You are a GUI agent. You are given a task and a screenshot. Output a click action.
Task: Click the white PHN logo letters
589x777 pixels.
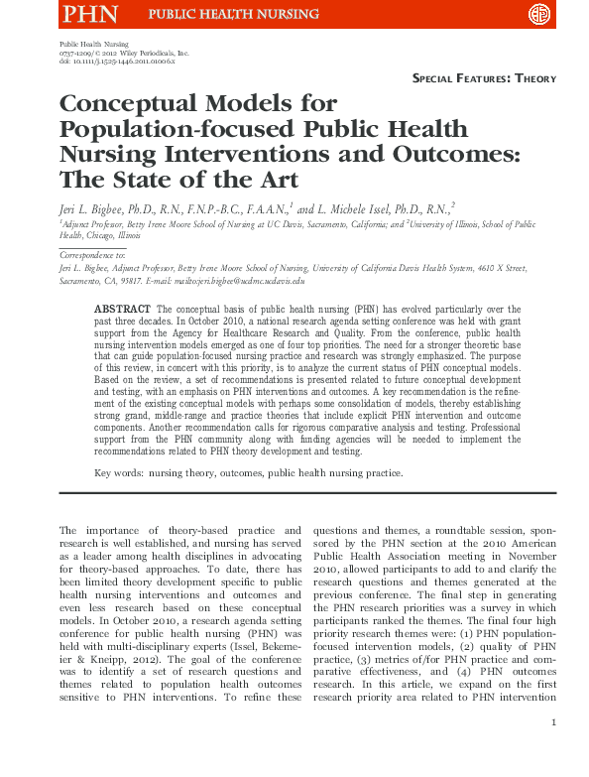click(x=90, y=14)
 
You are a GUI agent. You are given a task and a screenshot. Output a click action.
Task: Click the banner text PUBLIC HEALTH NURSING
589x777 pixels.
click(x=234, y=15)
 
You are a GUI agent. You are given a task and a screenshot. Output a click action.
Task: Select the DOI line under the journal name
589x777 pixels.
click(x=117, y=62)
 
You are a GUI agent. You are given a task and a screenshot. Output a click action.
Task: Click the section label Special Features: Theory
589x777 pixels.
click(x=484, y=77)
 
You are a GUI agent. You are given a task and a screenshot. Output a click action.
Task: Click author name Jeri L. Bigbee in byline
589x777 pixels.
click(x=96, y=209)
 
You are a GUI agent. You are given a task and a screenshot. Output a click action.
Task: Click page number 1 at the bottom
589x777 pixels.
click(x=552, y=751)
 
